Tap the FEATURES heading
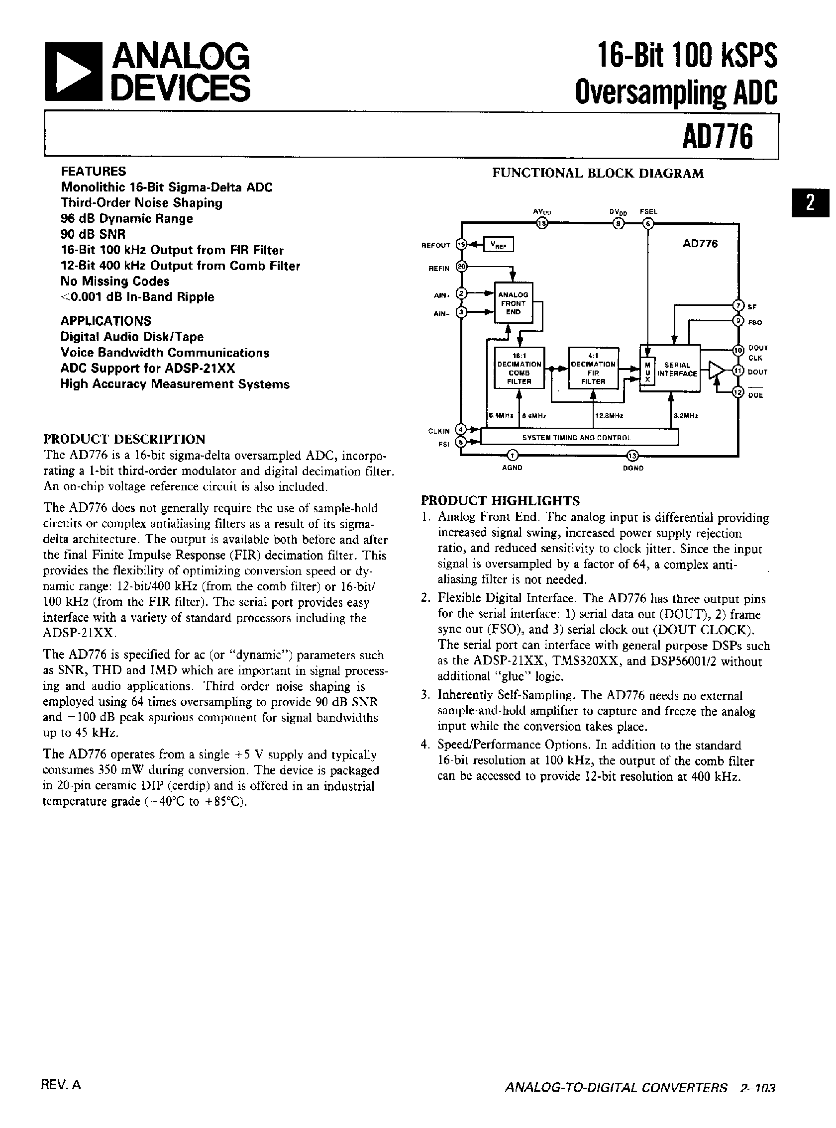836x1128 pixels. click(x=93, y=172)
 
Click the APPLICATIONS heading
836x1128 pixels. click(x=106, y=321)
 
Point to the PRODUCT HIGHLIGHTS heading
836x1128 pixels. click(x=500, y=501)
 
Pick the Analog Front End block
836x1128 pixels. click(x=513, y=303)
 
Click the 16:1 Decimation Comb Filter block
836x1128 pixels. click(x=519, y=368)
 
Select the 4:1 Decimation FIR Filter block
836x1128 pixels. click(x=593, y=368)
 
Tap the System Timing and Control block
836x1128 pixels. click(x=576, y=437)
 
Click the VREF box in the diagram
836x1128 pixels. click(x=499, y=245)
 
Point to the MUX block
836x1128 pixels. click(x=647, y=373)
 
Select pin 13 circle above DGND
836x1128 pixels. click(x=633, y=455)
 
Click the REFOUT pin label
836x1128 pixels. click(x=436, y=245)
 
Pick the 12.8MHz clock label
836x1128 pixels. click(x=610, y=415)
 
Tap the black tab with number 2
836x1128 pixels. click(x=810, y=203)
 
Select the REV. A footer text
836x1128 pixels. click(x=61, y=1085)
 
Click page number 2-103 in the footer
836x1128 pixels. click(x=757, y=1088)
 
